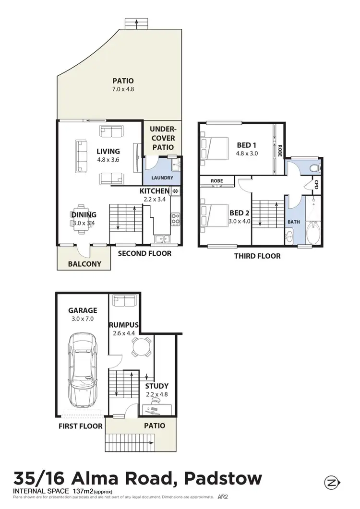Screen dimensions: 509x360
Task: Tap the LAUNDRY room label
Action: click(x=162, y=178)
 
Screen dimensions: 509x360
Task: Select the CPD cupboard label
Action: click(x=316, y=184)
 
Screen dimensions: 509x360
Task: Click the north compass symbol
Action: click(x=332, y=481)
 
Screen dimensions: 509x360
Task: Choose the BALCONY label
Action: click(x=84, y=263)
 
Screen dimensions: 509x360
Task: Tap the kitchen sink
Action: click(x=163, y=238)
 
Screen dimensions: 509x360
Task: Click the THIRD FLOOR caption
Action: click(x=257, y=256)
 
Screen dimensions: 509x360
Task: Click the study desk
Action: click(x=156, y=409)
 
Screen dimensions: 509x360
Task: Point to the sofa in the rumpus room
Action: click(x=124, y=301)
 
